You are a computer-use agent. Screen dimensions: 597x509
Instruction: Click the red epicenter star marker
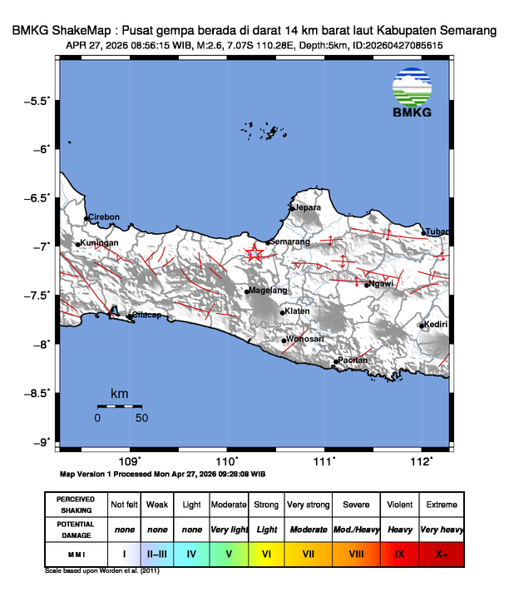(x=254, y=253)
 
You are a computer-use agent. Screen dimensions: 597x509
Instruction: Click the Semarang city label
(x=289, y=241)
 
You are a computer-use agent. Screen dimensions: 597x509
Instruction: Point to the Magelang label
(x=269, y=290)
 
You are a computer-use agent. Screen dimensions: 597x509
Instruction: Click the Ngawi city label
(x=381, y=284)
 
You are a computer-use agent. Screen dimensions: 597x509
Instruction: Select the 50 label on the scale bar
(x=141, y=417)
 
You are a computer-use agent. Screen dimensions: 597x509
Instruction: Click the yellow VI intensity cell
(x=266, y=552)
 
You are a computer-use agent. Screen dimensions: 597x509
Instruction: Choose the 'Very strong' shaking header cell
(x=308, y=505)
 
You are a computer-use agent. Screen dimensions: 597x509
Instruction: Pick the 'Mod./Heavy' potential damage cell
(x=355, y=529)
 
